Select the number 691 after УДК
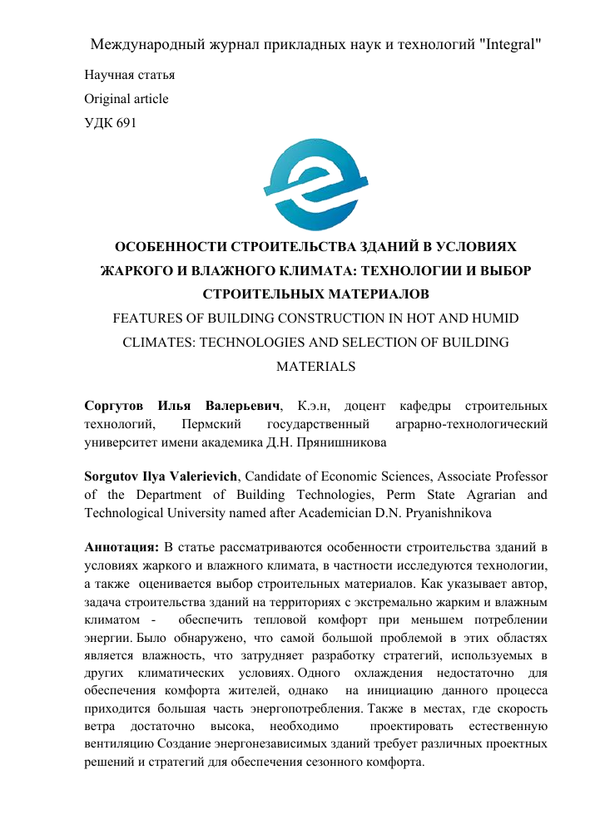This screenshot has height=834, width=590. pyautogui.click(x=126, y=123)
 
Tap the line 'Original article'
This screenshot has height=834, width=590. pyautogui.click(x=126, y=99)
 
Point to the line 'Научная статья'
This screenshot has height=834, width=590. pyautogui.click(x=129, y=75)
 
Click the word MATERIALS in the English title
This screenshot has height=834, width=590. pyautogui.click(x=315, y=365)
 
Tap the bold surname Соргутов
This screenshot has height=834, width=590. pyautogui.click(x=114, y=407)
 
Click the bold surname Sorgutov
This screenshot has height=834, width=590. pyautogui.click(x=113, y=477)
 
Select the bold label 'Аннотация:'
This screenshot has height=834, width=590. pyautogui.click(x=121, y=548)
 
